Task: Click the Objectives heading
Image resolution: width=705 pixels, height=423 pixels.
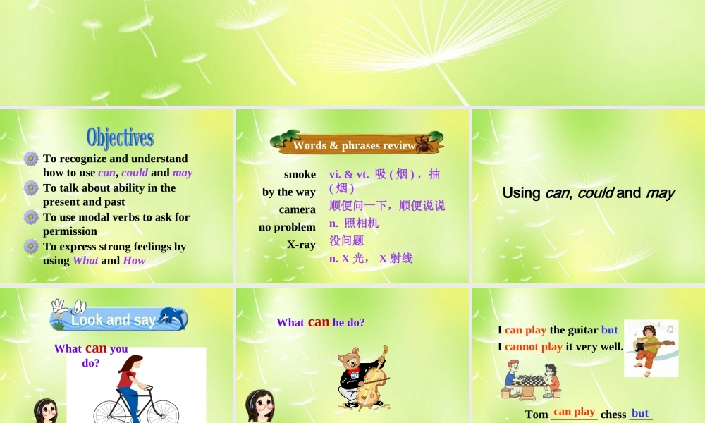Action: click(x=120, y=137)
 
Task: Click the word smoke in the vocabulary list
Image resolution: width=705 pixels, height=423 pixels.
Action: click(x=300, y=174)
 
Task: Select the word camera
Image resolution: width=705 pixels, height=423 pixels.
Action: click(x=297, y=209)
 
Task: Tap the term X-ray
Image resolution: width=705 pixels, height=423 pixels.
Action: click(x=301, y=245)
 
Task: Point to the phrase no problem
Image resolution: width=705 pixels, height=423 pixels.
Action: click(x=287, y=227)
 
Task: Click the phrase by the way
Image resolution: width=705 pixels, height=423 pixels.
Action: click(x=289, y=192)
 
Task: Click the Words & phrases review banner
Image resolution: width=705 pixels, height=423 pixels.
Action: click(x=354, y=145)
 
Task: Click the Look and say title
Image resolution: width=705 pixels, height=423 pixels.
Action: click(x=114, y=320)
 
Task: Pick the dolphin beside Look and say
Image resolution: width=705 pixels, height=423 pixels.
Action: click(x=172, y=317)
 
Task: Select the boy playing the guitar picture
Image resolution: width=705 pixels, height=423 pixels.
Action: click(x=651, y=348)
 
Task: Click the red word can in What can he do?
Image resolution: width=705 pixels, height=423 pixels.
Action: click(x=319, y=321)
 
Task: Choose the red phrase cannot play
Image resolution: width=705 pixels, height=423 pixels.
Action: click(x=534, y=346)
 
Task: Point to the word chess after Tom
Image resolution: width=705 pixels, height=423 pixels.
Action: click(x=613, y=415)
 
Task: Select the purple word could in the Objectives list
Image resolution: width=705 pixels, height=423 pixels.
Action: click(x=135, y=173)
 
